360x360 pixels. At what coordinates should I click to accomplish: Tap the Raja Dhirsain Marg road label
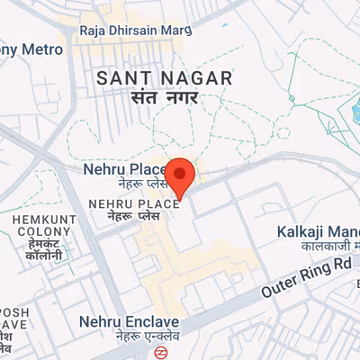(x=136, y=30)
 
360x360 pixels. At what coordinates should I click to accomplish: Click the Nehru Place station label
(x=123, y=169)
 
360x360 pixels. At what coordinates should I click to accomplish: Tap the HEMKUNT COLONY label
(x=37, y=226)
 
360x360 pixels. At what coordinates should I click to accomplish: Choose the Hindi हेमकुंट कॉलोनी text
(x=37, y=249)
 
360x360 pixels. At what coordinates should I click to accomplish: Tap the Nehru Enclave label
(x=129, y=321)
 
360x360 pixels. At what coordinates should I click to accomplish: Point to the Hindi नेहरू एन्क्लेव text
(x=129, y=337)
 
